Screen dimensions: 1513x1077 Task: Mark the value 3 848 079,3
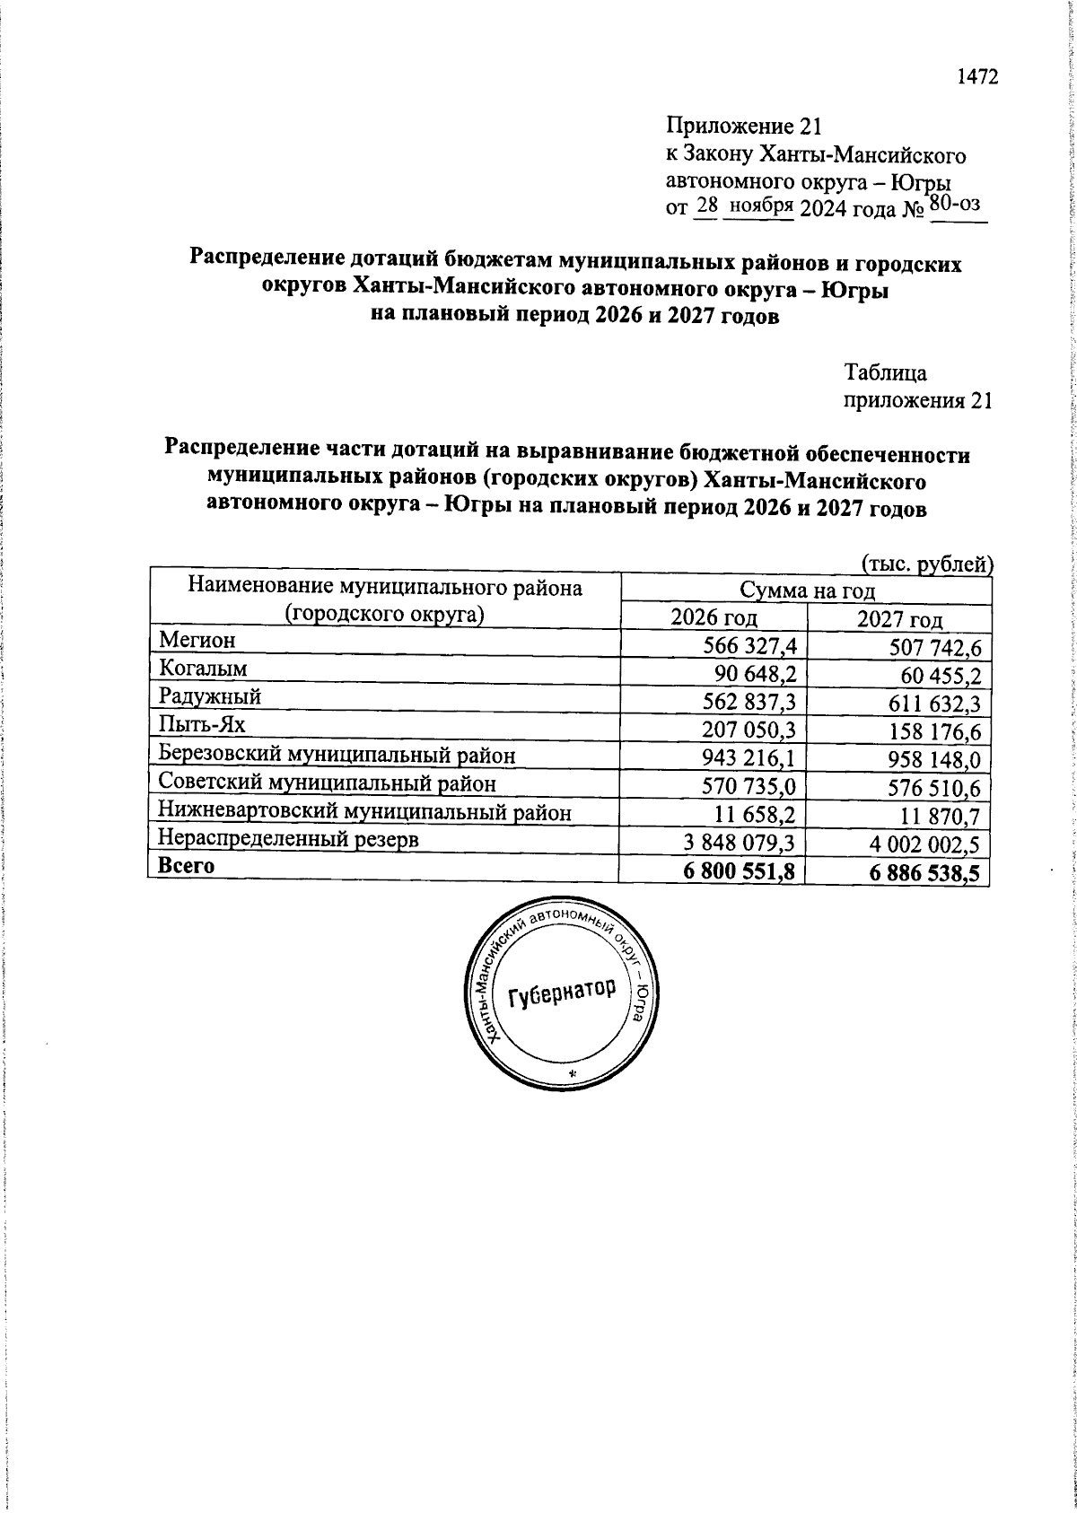point(740,844)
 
